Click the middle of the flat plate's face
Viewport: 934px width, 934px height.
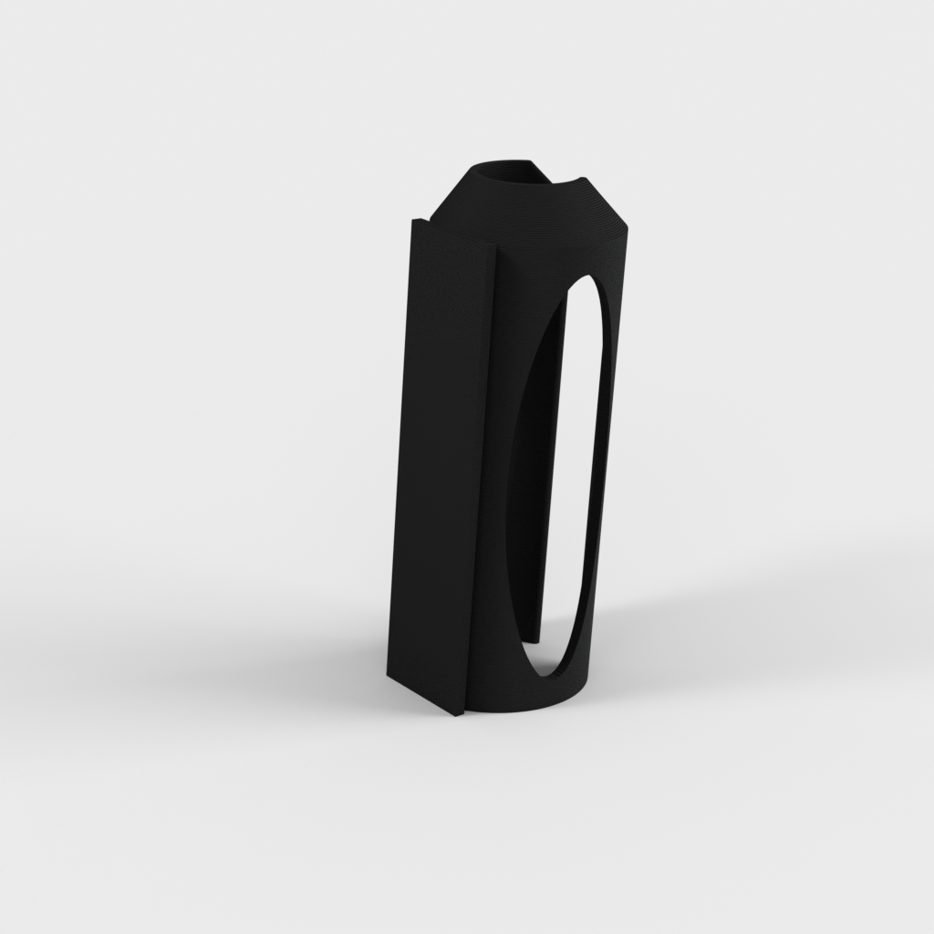click(x=438, y=465)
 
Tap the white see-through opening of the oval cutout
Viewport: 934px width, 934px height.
click(x=580, y=456)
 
